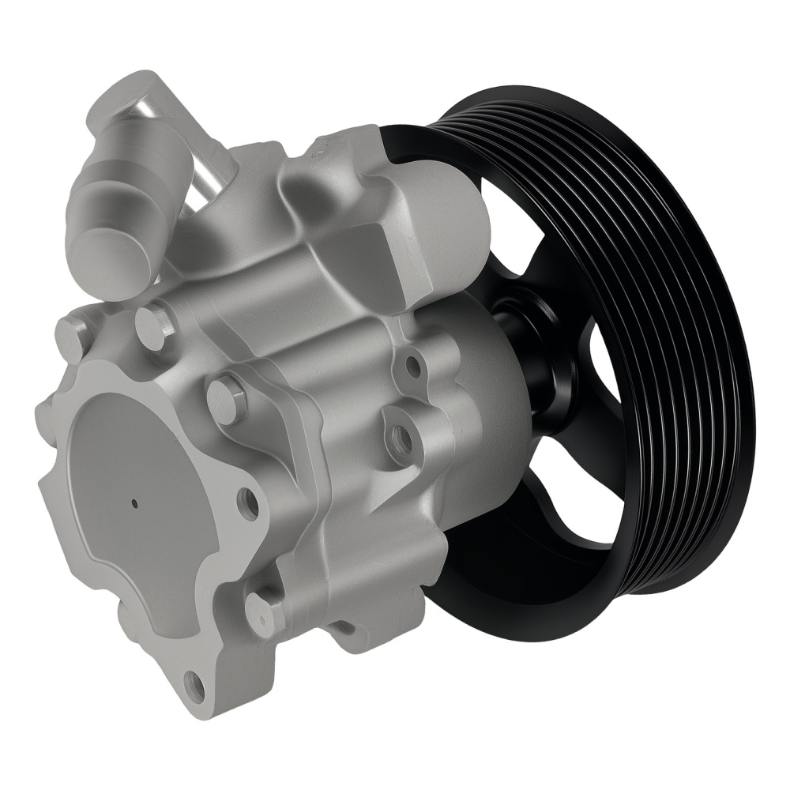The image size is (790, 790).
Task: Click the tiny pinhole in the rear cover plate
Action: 135,502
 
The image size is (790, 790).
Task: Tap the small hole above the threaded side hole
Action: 411,365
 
